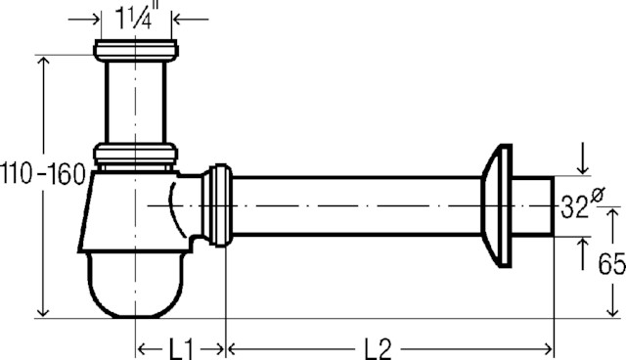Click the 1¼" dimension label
click(x=135, y=18)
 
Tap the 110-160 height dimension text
click(x=43, y=174)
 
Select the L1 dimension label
click(x=181, y=349)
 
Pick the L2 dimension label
click(x=378, y=349)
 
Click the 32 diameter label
click(x=574, y=206)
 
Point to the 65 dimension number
click(x=611, y=263)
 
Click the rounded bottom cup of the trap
click(x=136, y=285)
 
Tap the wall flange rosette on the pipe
click(x=497, y=205)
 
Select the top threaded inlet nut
click(x=136, y=50)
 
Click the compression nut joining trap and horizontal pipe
click(x=217, y=205)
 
